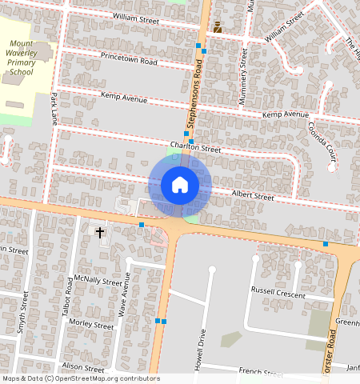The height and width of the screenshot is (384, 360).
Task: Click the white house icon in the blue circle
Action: point(180,185)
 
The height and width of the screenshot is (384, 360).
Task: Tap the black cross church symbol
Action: point(100,233)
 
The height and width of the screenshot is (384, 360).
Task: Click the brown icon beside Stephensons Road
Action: point(217,28)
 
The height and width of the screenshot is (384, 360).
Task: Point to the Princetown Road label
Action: point(130,58)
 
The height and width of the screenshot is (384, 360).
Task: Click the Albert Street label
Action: point(252,196)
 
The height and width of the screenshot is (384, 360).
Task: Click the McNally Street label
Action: point(98,281)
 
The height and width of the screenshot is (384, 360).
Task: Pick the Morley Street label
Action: point(91,325)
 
